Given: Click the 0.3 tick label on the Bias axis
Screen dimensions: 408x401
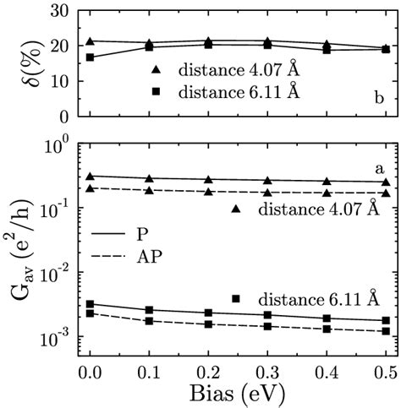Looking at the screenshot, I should click(266, 373).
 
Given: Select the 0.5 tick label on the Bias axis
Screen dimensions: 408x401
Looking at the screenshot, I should click(385, 373).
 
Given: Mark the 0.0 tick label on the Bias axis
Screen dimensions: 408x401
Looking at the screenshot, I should click(89, 373).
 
